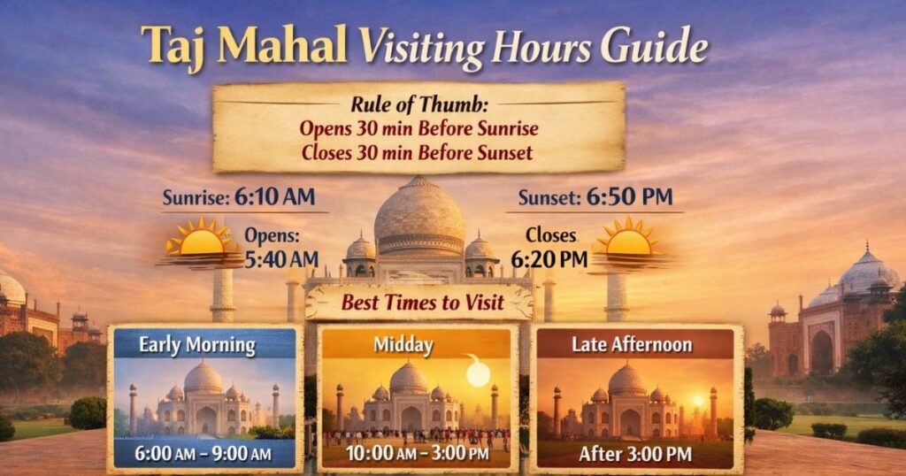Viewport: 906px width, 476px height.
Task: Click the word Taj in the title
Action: (177, 46)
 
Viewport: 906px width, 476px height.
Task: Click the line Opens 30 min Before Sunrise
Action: (418, 128)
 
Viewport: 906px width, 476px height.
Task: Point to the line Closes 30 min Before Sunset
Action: (417, 152)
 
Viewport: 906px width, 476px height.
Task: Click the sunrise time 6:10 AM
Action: (274, 197)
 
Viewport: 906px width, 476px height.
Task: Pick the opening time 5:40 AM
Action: (280, 258)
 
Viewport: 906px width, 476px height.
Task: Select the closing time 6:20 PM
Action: (549, 258)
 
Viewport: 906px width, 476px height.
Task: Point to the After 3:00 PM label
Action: (634, 454)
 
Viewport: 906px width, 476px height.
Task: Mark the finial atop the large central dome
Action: (419, 181)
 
